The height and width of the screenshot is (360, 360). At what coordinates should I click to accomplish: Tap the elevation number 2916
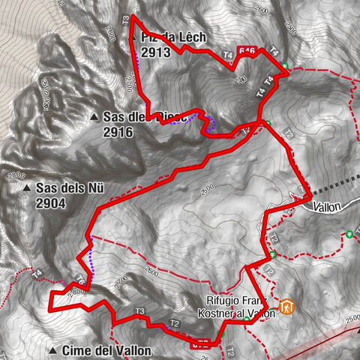coord(119,131)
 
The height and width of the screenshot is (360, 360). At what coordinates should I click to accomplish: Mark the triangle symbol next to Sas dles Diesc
coord(94,117)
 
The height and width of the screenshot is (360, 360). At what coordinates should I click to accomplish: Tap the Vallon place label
coord(327,205)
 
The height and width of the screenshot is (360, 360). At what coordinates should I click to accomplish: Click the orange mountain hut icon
coord(286,307)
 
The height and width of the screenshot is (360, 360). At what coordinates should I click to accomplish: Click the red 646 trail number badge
coord(247,51)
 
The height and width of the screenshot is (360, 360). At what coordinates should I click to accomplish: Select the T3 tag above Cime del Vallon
coord(139,311)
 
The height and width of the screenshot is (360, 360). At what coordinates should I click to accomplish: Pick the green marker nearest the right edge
coord(349,233)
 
